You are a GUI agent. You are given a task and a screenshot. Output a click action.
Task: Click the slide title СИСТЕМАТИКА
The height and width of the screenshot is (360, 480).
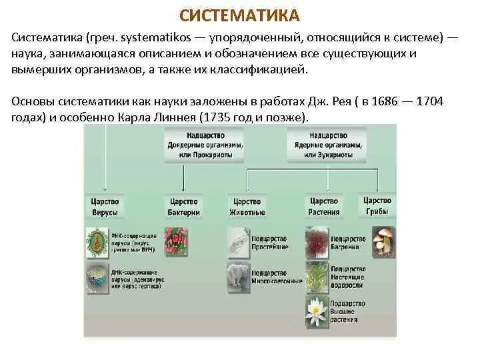click(x=240, y=15)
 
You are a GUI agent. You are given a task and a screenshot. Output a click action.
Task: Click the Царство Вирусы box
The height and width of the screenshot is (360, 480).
click(x=105, y=207)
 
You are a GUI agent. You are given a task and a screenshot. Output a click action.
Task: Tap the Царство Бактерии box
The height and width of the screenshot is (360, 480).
click(x=185, y=207)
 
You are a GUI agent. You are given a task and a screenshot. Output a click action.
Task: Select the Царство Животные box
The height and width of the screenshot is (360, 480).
click(x=247, y=207)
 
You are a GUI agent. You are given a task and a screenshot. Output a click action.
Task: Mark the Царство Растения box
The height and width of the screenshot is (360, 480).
click(x=325, y=207)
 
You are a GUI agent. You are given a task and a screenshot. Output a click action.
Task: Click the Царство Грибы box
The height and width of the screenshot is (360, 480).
click(x=377, y=205)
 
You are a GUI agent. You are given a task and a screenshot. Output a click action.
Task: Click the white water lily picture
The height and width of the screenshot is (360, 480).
click(x=315, y=308)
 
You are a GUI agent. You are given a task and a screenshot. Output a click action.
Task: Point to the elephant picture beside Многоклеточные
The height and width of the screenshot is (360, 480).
click(x=239, y=277)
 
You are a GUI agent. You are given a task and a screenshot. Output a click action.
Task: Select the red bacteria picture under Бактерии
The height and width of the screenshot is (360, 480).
click(x=177, y=241)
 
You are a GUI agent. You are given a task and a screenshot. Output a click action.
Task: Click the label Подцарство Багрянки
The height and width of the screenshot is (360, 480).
click(x=348, y=243)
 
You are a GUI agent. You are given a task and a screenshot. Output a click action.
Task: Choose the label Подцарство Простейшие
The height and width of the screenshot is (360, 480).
click(x=269, y=243)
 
